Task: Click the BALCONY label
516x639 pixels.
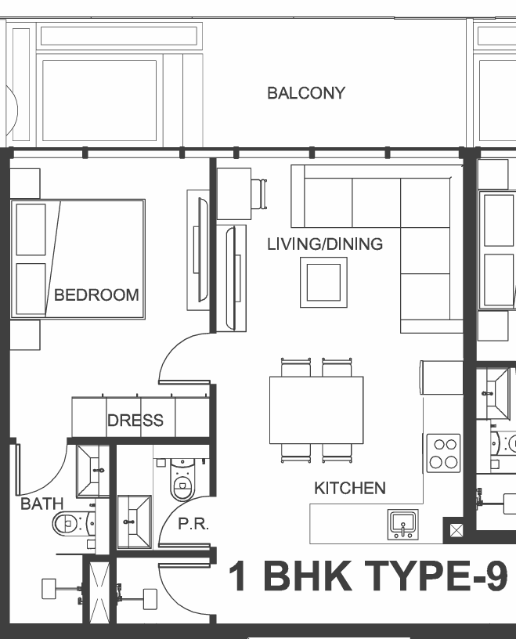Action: [x=306, y=93]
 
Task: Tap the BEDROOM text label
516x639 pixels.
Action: [x=96, y=295]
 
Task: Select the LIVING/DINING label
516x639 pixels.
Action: [x=325, y=244]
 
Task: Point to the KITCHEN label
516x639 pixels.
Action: [x=350, y=488]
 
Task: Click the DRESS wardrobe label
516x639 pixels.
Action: [x=135, y=421]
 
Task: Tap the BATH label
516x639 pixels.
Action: [x=42, y=504]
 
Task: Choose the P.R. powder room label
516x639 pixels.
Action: [x=193, y=524]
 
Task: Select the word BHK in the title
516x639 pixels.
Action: [x=308, y=576]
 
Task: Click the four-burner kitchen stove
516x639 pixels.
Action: [x=443, y=453]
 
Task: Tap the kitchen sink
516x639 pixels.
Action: [x=402, y=525]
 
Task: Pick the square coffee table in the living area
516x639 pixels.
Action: [x=323, y=282]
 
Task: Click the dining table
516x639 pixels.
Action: [x=316, y=410]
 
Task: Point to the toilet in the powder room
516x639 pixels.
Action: [x=182, y=479]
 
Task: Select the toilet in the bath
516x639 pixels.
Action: [x=73, y=524]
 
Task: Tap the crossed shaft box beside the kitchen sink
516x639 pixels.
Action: [x=456, y=530]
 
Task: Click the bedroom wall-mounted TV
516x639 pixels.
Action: [x=203, y=249]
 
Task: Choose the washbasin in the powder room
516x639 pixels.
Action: [x=134, y=522]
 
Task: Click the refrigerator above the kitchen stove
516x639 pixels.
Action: [x=442, y=377]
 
